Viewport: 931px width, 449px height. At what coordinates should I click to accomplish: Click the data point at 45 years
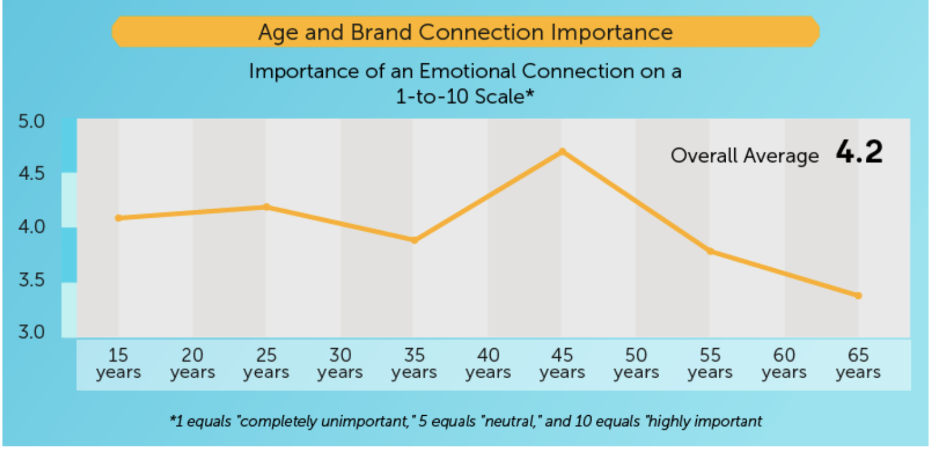562,151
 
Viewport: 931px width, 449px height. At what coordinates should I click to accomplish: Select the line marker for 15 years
118,218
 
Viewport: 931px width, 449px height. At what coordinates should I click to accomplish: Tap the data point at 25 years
266,207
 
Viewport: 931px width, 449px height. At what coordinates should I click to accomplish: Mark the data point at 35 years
414,240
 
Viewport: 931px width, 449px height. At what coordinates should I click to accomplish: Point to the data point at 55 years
710,251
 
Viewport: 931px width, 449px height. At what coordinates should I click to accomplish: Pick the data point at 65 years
858,296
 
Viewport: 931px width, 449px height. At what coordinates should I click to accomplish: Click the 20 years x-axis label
192,364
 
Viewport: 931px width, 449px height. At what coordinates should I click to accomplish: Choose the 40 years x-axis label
488,364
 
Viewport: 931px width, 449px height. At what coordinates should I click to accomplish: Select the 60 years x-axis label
784,364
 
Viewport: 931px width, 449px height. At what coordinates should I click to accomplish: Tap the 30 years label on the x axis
340,364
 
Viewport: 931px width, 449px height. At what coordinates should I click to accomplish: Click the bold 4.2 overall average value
859,153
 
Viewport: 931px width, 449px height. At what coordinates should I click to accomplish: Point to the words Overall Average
745,156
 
